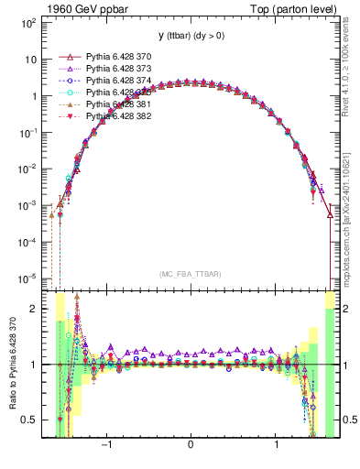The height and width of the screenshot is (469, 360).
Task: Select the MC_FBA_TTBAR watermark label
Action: pos(190,274)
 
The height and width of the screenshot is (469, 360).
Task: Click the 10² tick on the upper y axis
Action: pos(29,22)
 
